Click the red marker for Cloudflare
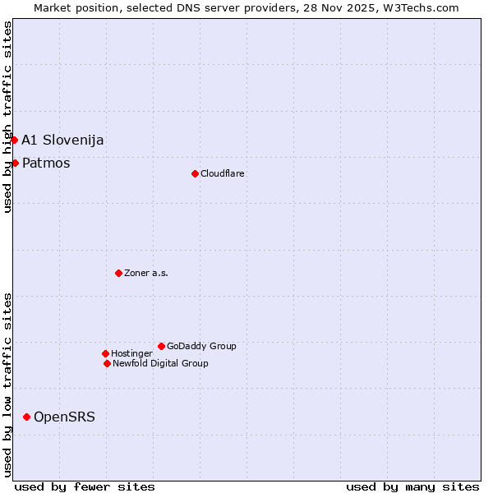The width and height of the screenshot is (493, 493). pos(195,173)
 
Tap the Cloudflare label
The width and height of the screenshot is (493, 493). pos(223,174)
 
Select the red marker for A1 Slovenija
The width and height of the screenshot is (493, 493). pos(14,140)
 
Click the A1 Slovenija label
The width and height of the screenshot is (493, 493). pos(62,141)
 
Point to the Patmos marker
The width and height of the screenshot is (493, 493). pos(15,163)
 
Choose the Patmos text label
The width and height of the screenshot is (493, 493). pos(46,164)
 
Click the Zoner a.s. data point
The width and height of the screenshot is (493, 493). pos(118,273)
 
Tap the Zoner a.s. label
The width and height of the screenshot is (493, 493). pos(146,274)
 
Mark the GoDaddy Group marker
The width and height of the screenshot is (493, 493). pos(161,346)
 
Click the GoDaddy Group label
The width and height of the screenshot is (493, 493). pos(201,347)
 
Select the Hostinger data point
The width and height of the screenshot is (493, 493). pos(105,353)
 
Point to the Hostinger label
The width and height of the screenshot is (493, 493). pos(131,354)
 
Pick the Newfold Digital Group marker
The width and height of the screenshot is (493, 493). pos(107,363)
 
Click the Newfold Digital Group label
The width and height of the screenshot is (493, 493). pos(160,364)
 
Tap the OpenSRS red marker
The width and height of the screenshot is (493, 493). pos(26,417)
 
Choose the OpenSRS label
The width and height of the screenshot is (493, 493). pos(64,417)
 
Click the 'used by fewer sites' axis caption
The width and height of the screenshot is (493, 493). pos(85,486)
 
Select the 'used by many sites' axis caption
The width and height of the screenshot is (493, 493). pos(412,486)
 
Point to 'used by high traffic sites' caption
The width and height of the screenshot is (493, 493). pos(7,117)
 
